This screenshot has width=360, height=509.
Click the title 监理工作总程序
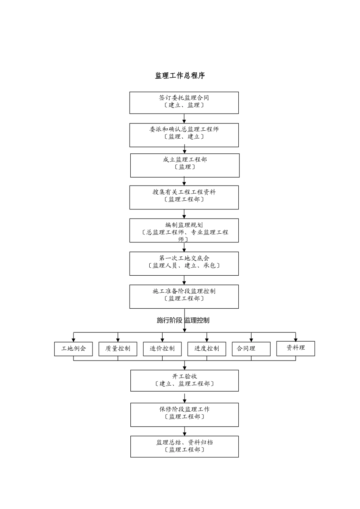[180, 76]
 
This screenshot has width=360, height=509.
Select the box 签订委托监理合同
[184, 103]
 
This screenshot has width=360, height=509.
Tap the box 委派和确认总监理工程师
[184, 135]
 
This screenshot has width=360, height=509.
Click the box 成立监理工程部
[185, 165]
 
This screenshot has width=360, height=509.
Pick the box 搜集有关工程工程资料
[184, 197]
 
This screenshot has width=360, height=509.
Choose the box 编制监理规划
[184, 230]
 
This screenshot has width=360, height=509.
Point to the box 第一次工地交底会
[184, 264]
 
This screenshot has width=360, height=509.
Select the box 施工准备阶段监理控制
[184, 297]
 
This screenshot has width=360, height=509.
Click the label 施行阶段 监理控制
[183, 320]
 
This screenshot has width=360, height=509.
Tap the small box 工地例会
[74, 349]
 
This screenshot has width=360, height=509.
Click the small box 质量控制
[118, 349]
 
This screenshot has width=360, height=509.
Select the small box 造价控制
[162, 349]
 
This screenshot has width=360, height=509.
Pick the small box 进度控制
[207, 349]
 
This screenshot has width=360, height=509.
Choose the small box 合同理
[251, 349]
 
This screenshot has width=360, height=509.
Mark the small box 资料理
[296, 348]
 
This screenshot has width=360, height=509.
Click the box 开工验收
[185, 381]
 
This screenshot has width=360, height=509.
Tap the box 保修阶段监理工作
[185, 415]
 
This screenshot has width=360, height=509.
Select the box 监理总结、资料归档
[185, 447]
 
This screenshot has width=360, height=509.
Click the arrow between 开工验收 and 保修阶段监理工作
[185, 398]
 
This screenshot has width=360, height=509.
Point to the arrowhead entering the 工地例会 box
[74, 340]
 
